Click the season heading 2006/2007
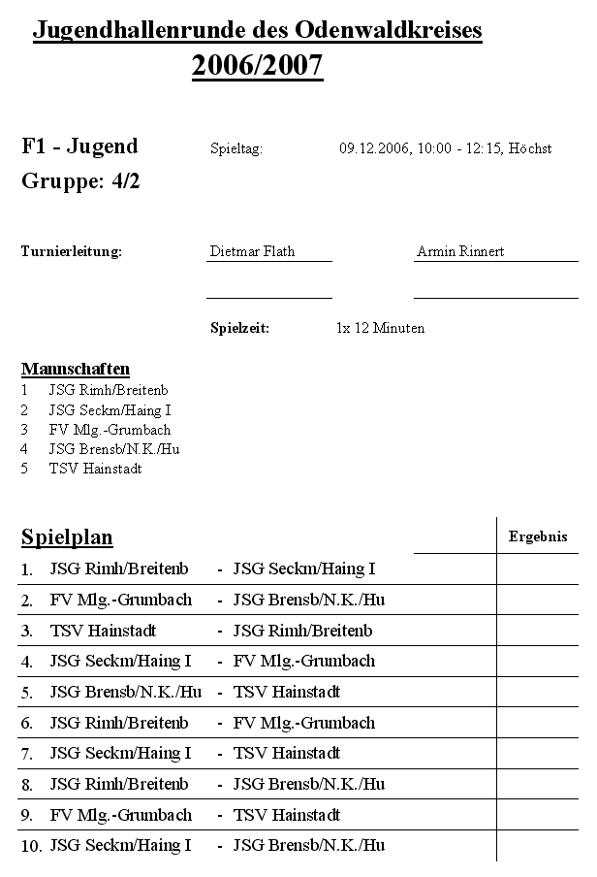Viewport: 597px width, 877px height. point(257,66)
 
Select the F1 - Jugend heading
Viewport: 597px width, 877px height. point(79,146)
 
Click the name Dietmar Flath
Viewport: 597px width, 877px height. point(252,251)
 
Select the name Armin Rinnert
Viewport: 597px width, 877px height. point(460,251)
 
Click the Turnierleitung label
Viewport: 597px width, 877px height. point(72,251)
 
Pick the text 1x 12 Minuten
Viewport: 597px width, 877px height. point(380,328)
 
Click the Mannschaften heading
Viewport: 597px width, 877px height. point(76,369)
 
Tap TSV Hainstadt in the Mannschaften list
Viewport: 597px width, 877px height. point(95,469)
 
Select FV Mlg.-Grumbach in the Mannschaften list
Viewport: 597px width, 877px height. point(110,430)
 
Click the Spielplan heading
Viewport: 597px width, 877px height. point(67,537)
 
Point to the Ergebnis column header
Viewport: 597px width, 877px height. point(538,536)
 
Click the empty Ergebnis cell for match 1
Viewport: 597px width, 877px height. point(538,569)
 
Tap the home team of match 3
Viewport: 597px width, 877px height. point(103,631)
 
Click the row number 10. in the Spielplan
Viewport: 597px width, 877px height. point(32,846)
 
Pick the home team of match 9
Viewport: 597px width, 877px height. point(120,815)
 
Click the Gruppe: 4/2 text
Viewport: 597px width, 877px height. point(80,181)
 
